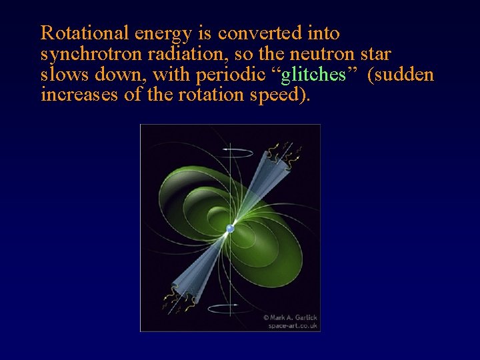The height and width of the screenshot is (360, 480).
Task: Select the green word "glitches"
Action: pos(313,74)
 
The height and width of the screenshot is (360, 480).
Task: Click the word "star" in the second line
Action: pos(375,53)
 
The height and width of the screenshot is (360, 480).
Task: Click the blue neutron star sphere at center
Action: pos(230,229)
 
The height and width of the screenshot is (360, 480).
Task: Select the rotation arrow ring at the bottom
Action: pos(230,308)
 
